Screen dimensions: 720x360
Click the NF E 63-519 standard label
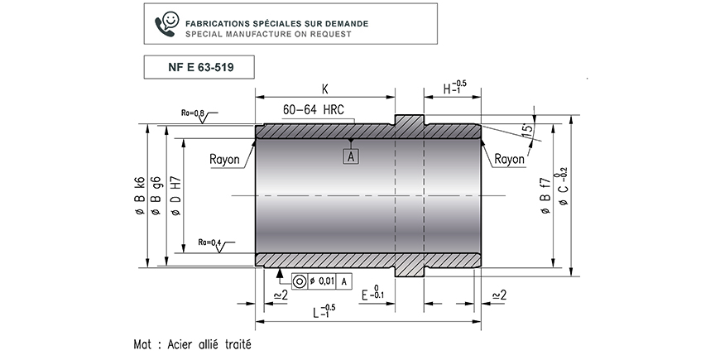coord(200,68)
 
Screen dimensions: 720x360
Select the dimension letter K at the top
coord(325,89)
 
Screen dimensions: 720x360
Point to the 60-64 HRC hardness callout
coord(313,110)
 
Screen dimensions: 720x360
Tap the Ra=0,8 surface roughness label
coord(192,113)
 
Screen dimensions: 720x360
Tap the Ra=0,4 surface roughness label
coord(209,242)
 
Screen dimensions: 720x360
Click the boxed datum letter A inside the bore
coord(351,156)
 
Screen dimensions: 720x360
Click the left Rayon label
coord(224,160)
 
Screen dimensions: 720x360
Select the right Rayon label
coord(509,160)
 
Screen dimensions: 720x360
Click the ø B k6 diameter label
coord(140,195)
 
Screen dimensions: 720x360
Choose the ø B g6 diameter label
coord(156,195)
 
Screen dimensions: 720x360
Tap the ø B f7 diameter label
coord(545,195)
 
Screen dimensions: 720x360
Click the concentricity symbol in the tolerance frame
coord(300,281)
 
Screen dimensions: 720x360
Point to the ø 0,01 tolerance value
coord(321,281)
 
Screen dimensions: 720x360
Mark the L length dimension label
coord(324,311)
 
